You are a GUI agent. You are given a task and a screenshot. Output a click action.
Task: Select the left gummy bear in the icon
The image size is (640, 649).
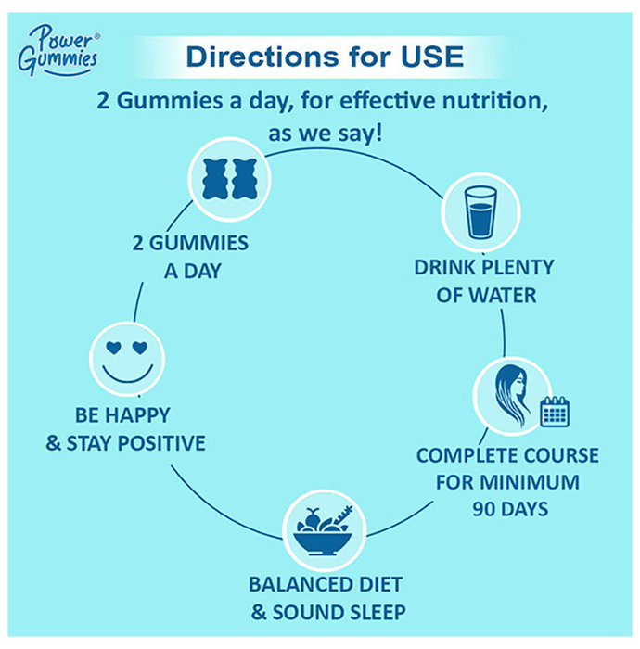215,179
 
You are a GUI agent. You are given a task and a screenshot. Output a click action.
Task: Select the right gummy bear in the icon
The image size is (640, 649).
243,179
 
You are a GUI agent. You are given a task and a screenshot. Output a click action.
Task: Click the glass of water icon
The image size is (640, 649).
480,212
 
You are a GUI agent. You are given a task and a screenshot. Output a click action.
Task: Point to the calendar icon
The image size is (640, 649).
555,411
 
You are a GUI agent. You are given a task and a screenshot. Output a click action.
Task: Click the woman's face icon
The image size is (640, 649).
511,396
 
